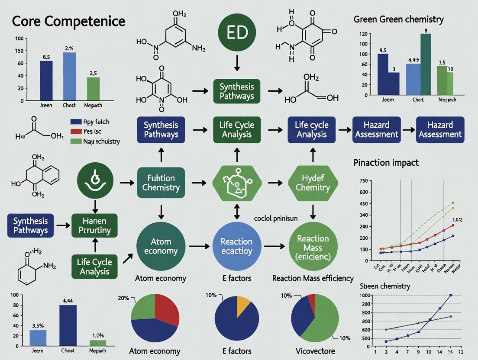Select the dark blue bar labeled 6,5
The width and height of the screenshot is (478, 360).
click(46, 80)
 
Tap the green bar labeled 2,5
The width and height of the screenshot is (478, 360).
click(93, 89)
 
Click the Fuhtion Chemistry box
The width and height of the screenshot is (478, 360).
click(161, 183)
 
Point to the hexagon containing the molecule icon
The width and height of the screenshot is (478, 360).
click(236, 183)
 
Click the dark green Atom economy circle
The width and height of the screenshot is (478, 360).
click(161, 246)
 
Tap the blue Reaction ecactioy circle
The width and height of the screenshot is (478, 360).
click(236, 247)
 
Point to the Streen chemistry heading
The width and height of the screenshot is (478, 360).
click(384, 286)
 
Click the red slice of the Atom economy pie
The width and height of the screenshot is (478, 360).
click(166, 308)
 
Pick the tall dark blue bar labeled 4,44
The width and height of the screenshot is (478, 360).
click(68, 325)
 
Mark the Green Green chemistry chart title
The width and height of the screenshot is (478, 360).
click(398, 19)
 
